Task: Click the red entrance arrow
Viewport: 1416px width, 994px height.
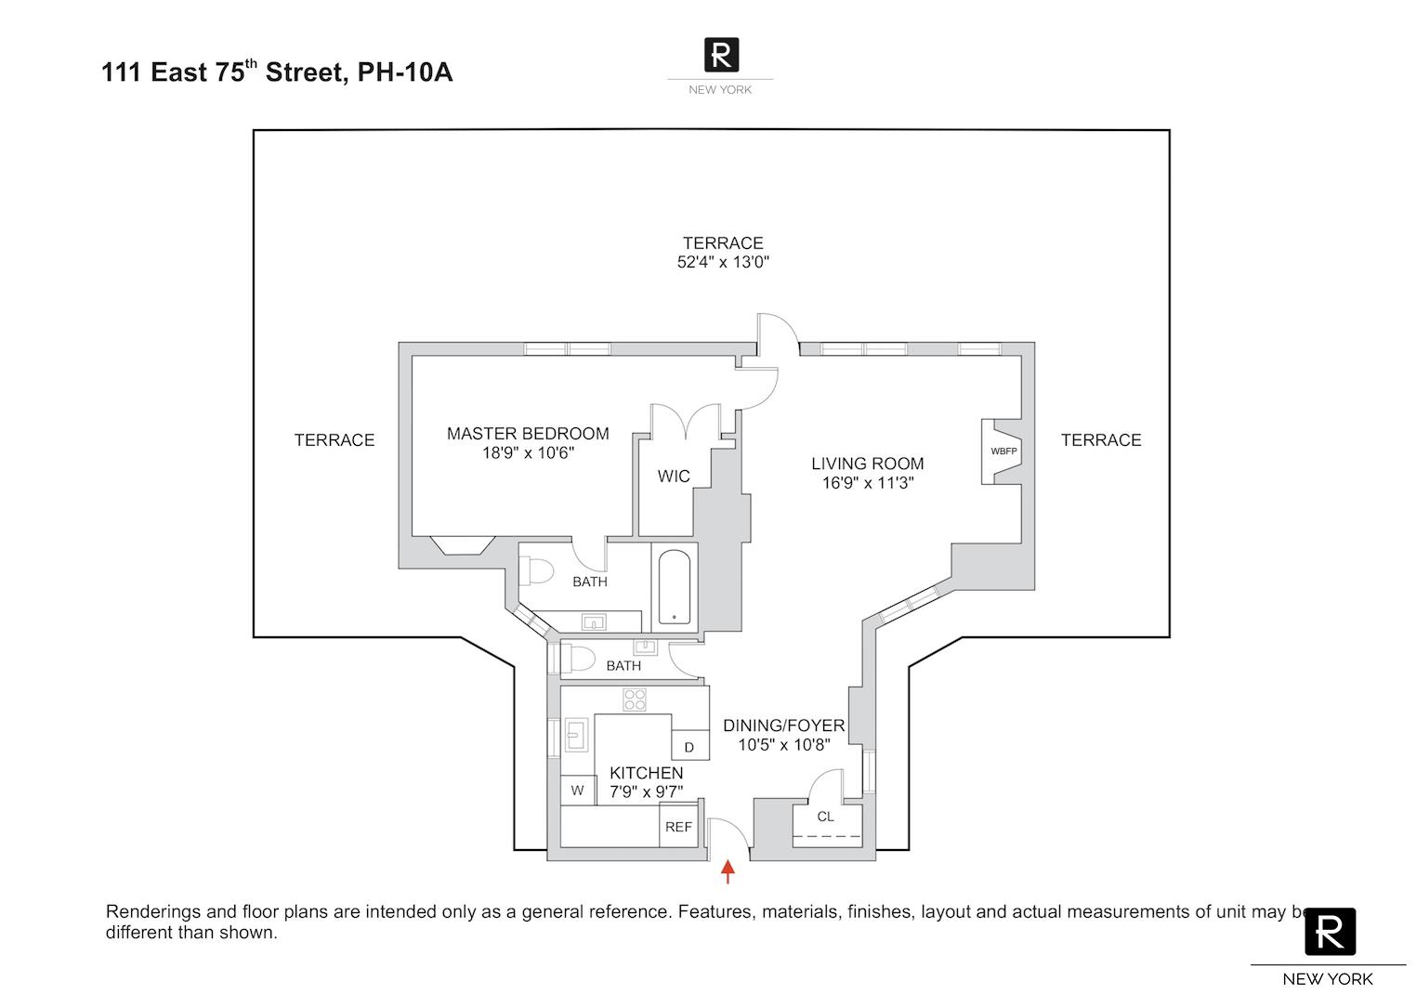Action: (728, 871)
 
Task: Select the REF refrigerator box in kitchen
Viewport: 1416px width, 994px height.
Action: (679, 826)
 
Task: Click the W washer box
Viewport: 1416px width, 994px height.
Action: (577, 791)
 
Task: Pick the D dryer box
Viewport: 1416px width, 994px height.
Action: (689, 747)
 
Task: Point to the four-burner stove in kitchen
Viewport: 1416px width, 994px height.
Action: (635, 700)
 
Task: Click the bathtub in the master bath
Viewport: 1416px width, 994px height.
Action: (674, 588)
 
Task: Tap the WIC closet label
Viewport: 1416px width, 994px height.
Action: (674, 477)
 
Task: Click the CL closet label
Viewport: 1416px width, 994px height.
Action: (825, 817)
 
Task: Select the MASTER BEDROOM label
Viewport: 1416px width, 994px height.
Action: (528, 434)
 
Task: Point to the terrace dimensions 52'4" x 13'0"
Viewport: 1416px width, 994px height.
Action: (723, 262)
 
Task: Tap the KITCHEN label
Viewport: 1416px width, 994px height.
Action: (646, 773)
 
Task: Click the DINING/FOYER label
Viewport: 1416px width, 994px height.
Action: (784, 726)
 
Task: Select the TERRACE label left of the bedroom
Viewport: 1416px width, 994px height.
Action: (334, 440)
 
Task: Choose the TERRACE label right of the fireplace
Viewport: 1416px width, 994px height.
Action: (1101, 440)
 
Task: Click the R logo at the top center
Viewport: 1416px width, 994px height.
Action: (721, 54)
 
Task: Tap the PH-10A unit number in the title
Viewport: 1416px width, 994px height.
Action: (405, 72)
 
